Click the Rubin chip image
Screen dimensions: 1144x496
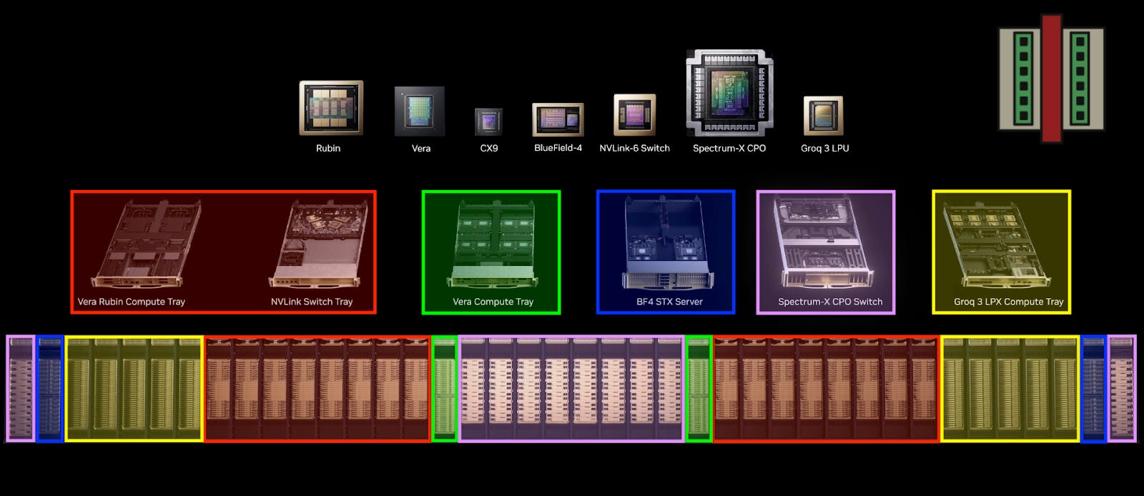click(331, 108)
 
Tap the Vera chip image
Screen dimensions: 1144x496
click(420, 111)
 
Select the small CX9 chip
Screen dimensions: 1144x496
click(488, 121)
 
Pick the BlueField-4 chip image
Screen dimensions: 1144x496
click(558, 119)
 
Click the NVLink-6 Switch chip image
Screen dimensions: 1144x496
click(634, 114)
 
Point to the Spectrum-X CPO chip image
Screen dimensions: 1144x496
click(729, 93)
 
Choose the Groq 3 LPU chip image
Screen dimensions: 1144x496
click(824, 116)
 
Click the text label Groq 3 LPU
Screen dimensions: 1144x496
click(824, 149)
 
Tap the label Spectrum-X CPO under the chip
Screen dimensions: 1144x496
click(729, 149)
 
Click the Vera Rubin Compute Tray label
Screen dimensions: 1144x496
click(131, 302)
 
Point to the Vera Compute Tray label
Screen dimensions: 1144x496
click(493, 302)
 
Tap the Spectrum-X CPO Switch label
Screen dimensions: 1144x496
click(829, 302)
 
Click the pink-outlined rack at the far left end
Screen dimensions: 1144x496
click(21, 388)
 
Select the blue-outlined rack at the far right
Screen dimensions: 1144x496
click(1093, 388)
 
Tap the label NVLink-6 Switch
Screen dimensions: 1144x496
click(634, 149)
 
